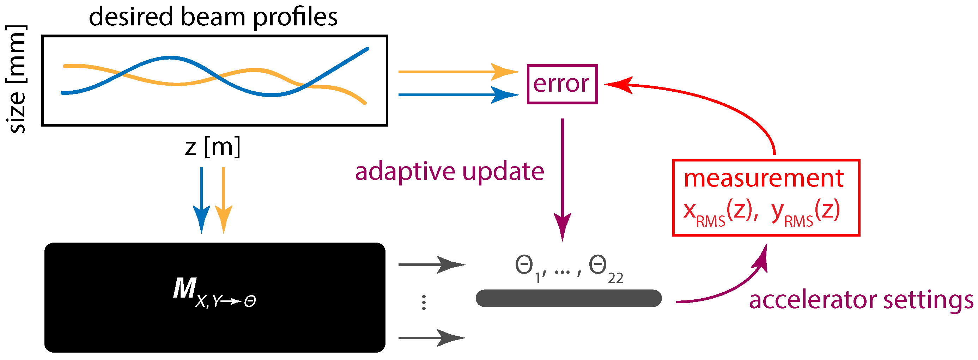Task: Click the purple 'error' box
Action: [562, 84]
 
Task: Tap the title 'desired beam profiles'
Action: [213, 17]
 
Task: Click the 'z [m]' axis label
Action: [213, 147]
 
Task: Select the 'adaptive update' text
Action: [449, 171]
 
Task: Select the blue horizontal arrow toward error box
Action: [456, 94]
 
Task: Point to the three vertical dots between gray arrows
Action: [424, 303]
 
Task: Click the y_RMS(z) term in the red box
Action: [805, 213]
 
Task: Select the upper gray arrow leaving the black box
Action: [431, 265]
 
